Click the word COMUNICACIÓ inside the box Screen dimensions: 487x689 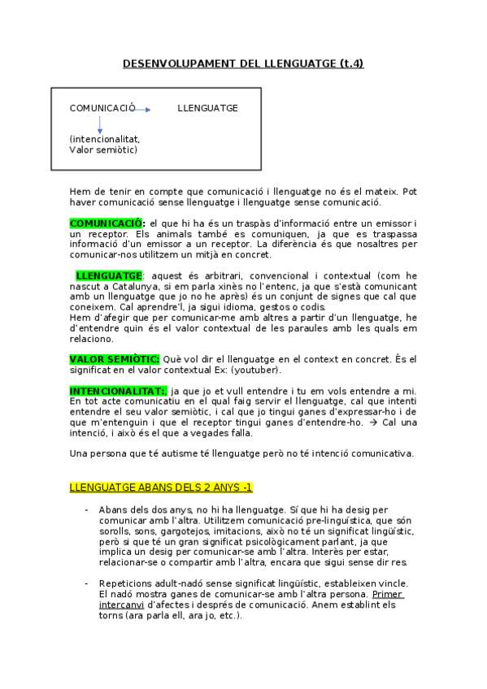pos(102,108)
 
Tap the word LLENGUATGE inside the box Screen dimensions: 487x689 pos(207,108)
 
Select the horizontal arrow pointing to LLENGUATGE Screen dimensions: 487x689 pos(143,109)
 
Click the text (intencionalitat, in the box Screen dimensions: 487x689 pos(105,139)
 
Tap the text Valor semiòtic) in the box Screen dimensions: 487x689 pos(103,149)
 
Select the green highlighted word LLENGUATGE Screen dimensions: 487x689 pos(109,276)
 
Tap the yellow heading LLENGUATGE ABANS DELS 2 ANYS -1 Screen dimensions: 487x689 pos(161,487)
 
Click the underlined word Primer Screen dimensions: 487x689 pos(389,595)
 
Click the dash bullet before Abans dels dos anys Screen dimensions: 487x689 pos(86,509)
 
